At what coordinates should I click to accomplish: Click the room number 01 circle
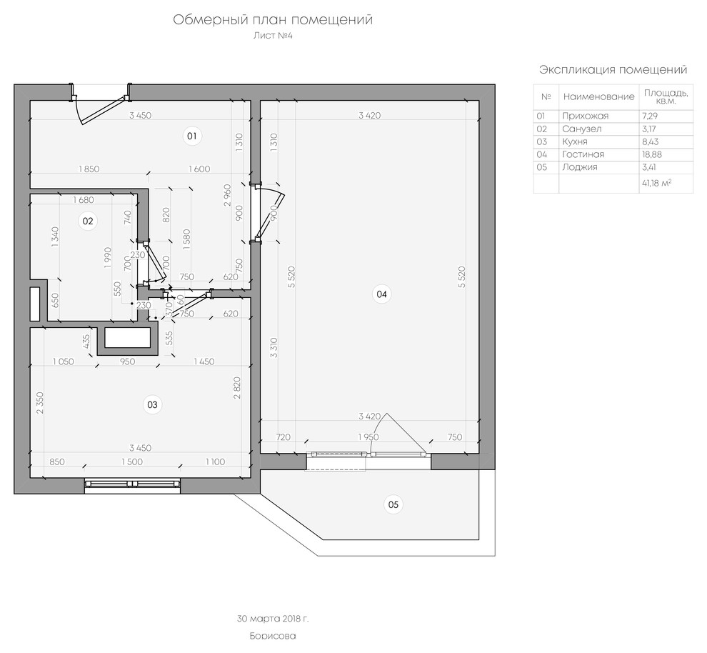tap(192, 136)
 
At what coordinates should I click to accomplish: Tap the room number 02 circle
tap(87, 221)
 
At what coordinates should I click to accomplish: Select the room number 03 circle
tap(152, 404)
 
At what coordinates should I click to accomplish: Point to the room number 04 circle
tap(381, 294)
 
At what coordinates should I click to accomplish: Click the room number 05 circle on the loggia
tap(393, 504)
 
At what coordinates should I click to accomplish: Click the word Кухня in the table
tap(574, 141)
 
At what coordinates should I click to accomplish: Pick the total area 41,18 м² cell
tap(656, 183)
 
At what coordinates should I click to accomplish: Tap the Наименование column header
tap(598, 96)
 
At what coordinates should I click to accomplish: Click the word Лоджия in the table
tap(579, 167)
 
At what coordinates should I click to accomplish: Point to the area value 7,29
tap(650, 116)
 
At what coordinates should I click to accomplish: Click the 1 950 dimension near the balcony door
tap(368, 437)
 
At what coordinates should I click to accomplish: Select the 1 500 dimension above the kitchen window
tap(131, 462)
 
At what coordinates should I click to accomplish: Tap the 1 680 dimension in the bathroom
tap(84, 200)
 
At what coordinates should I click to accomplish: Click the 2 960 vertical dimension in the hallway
tap(227, 195)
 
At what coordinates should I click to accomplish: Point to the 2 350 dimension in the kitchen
tap(40, 403)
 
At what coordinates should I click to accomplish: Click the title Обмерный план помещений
tap(273, 20)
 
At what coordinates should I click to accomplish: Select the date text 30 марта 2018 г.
tap(273, 619)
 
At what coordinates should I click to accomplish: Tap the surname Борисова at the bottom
tap(273, 637)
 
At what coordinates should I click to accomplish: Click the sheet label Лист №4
tap(273, 35)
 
